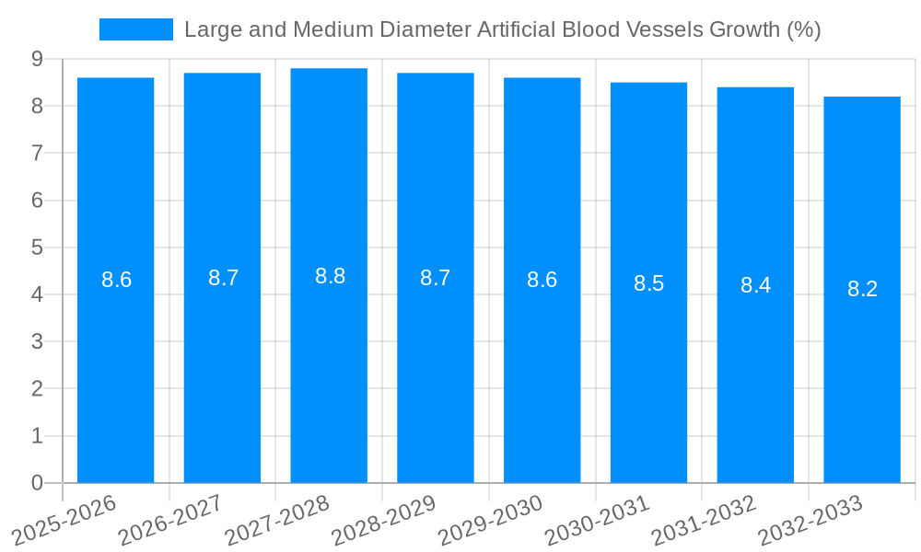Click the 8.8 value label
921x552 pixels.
coord(330,276)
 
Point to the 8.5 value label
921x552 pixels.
coord(648,283)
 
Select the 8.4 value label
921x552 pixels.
coord(755,285)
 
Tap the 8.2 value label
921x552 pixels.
coord(862,289)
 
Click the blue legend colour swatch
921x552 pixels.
coord(135,29)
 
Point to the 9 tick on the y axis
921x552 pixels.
coord(37,59)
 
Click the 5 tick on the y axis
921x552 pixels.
coord(37,247)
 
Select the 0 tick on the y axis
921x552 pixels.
coord(37,483)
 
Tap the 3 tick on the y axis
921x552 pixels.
coord(37,341)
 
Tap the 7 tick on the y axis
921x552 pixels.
coord(37,153)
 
